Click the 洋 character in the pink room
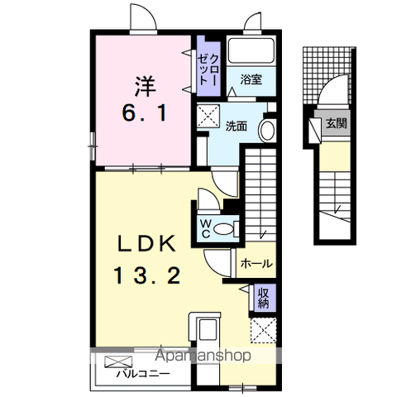(146, 86)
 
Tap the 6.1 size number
(145, 113)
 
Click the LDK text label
(147, 244)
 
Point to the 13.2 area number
(147, 275)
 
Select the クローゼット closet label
(208, 69)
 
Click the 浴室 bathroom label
(251, 79)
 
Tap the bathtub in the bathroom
(251, 51)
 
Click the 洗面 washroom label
(236, 127)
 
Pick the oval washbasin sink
(267, 131)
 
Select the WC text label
(206, 228)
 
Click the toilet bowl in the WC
(223, 229)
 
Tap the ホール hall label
(256, 264)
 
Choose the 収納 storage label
(264, 298)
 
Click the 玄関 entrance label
(337, 123)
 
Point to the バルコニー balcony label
(142, 374)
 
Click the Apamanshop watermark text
(203, 356)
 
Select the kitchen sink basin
(208, 329)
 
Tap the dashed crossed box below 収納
(263, 331)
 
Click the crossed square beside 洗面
(208, 116)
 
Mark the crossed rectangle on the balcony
(118, 361)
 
